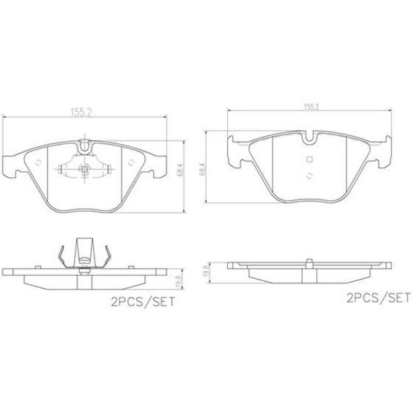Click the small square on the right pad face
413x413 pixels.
coord(310,162)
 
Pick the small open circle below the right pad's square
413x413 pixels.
coord(310,176)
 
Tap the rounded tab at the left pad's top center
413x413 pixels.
coord(86,146)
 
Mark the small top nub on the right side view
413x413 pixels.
coord(310,260)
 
